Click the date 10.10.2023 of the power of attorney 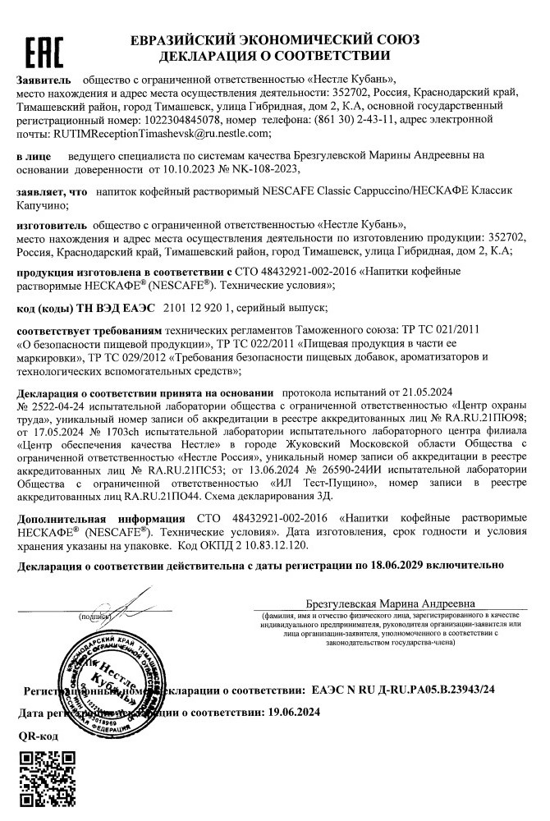(x=180, y=170)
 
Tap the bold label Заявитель (x=44, y=80)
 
